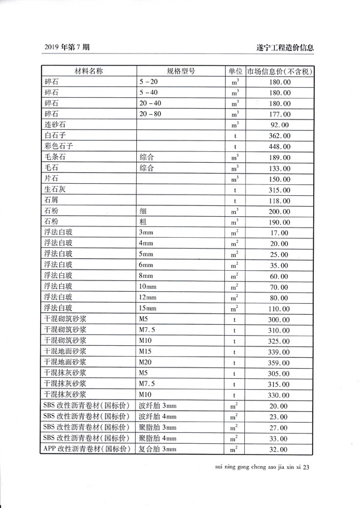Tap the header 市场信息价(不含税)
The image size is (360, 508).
click(281, 71)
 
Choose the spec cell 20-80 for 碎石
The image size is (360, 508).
click(150, 113)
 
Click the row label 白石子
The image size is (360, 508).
click(55, 136)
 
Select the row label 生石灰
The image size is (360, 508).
click(55, 190)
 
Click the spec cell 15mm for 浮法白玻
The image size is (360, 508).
click(147, 309)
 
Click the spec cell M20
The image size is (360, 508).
click(145, 362)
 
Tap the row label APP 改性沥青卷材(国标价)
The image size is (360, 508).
click(85, 449)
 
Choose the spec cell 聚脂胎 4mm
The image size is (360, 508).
click(158, 438)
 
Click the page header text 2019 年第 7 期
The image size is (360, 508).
click(68, 47)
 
